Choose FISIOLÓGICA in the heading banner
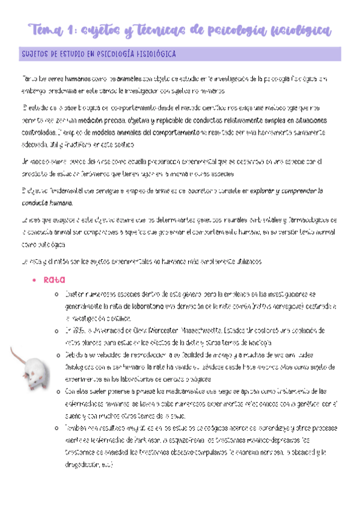(x=153, y=55)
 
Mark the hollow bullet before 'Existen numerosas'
(x=55, y=294)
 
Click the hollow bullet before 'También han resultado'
(x=55, y=428)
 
